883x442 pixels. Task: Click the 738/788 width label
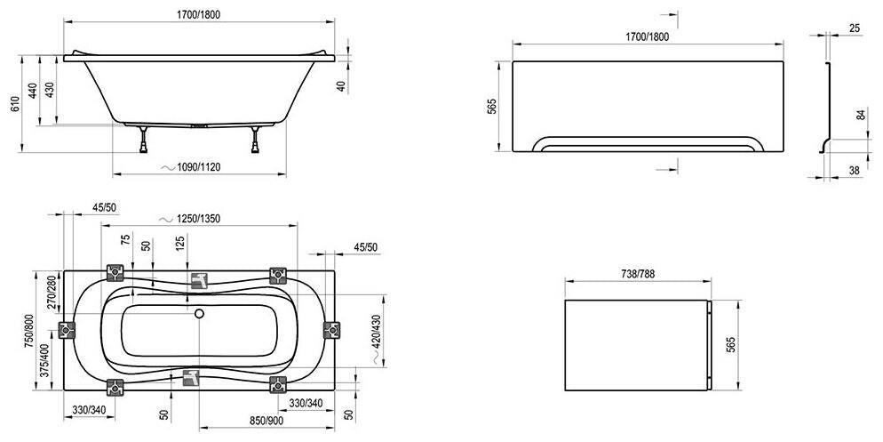click(638, 274)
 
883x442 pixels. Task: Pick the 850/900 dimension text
click(266, 420)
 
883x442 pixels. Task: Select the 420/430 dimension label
click(378, 332)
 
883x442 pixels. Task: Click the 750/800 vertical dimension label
click(28, 332)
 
